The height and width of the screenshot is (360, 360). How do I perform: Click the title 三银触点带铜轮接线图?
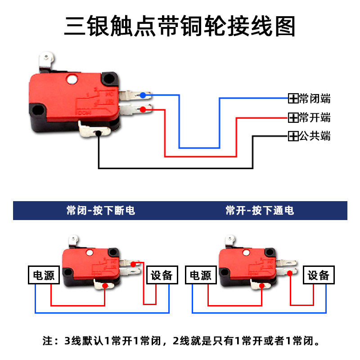pyautogui.click(x=180, y=26)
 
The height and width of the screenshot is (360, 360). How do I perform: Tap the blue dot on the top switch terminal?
pyautogui.click(x=143, y=95)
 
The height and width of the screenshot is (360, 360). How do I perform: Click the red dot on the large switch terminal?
pyautogui.click(x=143, y=109)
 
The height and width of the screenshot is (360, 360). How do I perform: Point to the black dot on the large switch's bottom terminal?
pyautogui.click(x=98, y=133)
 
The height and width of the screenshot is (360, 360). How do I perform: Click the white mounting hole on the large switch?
pyautogui.click(x=72, y=81)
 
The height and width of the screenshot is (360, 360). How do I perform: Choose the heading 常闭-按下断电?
pyautogui.click(x=100, y=211)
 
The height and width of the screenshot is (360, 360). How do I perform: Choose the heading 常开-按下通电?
pyautogui.click(x=260, y=211)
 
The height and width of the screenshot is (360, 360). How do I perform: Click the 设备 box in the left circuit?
pyautogui.click(x=162, y=275)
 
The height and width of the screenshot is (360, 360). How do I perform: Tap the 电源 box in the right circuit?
pyautogui.click(x=201, y=275)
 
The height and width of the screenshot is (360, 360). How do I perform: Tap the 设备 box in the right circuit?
pyautogui.click(x=319, y=275)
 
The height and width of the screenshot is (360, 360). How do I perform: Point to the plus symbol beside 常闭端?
pyautogui.click(x=293, y=99)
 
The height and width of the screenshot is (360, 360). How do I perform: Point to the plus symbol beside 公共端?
pyautogui.click(x=293, y=135)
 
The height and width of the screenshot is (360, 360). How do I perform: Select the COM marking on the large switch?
pyautogui.click(x=84, y=112)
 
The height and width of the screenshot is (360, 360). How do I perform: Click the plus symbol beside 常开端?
pyautogui.click(x=293, y=118)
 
